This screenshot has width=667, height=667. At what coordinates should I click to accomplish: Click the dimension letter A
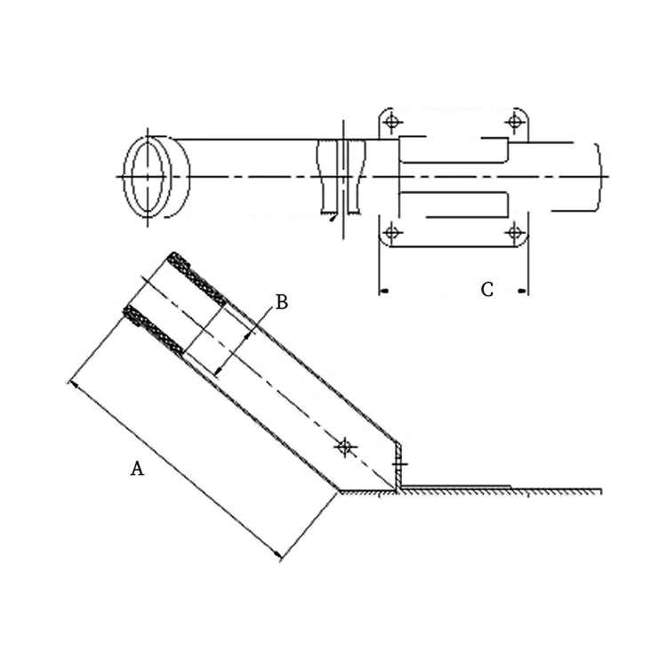tap(137, 469)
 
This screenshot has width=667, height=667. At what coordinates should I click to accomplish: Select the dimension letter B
tap(281, 302)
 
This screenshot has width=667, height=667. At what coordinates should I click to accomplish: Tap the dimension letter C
tap(486, 290)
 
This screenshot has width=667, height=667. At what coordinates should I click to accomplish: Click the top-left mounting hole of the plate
tap(391, 121)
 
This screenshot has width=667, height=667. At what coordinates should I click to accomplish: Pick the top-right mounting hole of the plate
tap(514, 121)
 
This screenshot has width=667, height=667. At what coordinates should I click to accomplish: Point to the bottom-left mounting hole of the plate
tap(391, 233)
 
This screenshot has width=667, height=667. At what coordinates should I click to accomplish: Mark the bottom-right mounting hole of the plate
tap(514, 233)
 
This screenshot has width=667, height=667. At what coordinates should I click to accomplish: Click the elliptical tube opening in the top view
tap(148, 176)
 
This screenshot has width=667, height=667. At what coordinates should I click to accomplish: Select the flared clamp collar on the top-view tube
tap(341, 176)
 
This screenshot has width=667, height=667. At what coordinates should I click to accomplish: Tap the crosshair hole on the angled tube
tap(346, 446)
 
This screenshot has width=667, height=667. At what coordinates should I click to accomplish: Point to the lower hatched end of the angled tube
tap(154, 330)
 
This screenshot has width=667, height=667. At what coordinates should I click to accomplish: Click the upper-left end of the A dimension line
tap(70, 382)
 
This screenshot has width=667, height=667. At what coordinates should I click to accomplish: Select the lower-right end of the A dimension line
tap(282, 559)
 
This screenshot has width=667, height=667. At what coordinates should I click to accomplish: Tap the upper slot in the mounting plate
tap(454, 150)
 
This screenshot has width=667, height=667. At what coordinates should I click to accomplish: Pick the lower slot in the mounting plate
tap(454, 205)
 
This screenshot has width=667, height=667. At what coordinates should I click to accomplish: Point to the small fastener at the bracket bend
tap(399, 464)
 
